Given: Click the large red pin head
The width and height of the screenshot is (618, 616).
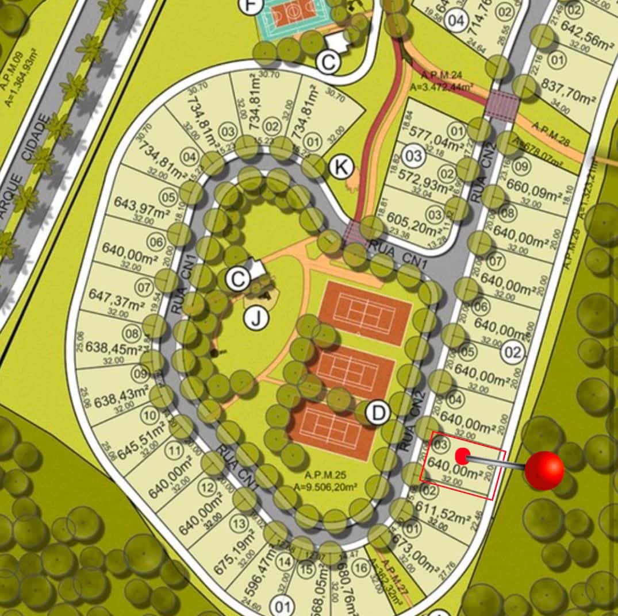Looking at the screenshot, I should tap(544, 470).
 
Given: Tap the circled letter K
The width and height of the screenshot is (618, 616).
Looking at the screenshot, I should tap(341, 168).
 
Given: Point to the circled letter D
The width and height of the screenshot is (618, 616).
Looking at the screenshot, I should tap(378, 413).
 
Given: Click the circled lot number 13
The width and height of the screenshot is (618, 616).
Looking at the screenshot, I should tap(238, 524).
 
